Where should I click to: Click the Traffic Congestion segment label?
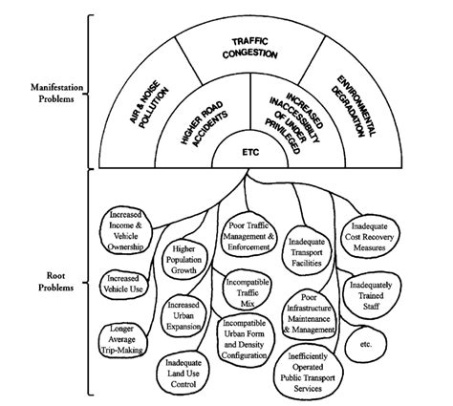(x=249, y=49)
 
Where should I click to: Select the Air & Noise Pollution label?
(x=149, y=105)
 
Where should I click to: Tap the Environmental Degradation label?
(x=354, y=106)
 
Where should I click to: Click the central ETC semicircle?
(x=250, y=152)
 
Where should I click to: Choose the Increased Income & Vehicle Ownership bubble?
(x=125, y=231)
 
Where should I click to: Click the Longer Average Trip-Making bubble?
(x=122, y=340)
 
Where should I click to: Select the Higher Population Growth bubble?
(x=184, y=260)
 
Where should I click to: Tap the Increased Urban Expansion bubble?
(x=184, y=316)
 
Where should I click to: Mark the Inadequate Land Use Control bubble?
(x=183, y=374)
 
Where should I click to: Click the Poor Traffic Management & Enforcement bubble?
(x=248, y=236)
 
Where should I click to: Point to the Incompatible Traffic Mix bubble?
(x=248, y=293)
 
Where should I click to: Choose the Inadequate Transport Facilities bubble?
(x=307, y=252)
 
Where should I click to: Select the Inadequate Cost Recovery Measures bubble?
(x=370, y=237)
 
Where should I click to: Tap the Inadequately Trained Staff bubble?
(x=372, y=296)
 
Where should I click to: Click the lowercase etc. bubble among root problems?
(x=365, y=344)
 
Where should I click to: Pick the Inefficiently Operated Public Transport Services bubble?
(x=309, y=373)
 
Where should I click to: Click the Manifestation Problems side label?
(x=56, y=94)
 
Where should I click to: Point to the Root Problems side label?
(x=56, y=282)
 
